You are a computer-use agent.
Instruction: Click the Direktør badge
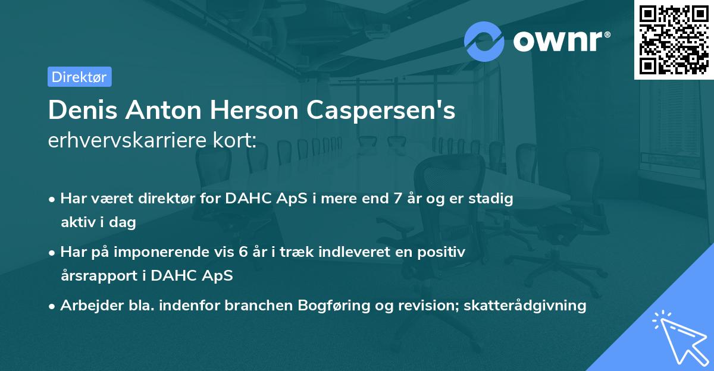point(79,77)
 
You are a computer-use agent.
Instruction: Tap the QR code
point(674,39)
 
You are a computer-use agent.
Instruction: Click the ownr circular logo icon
point(484,41)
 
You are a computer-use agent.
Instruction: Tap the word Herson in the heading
point(259,111)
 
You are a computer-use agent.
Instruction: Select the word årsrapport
point(96,276)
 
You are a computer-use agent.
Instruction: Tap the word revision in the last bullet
point(417,306)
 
